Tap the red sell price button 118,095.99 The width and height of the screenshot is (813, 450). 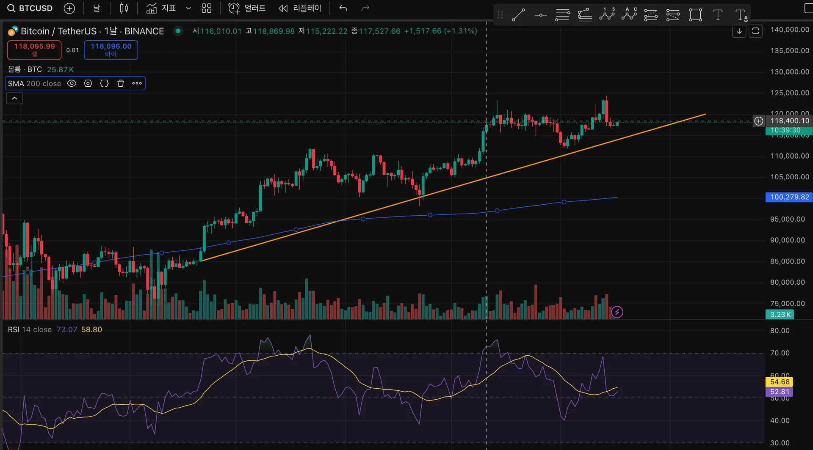pyautogui.click(x=34, y=49)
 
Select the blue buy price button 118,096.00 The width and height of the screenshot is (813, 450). pyautogui.click(x=111, y=49)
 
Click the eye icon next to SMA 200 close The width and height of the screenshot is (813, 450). pyautogui.click(x=72, y=83)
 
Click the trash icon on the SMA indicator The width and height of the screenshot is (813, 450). pyautogui.click(x=121, y=83)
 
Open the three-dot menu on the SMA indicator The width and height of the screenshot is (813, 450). pyautogui.click(x=137, y=83)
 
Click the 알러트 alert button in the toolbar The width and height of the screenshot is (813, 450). pyautogui.click(x=247, y=8)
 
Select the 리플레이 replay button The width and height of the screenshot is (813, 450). pyautogui.click(x=300, y=8)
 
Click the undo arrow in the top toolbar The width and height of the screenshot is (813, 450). pyautogui.click(x=343, y=8)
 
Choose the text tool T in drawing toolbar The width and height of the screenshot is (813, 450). pyautogui.click(x=718, y=15)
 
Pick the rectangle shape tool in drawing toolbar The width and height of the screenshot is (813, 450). pyautogui.click(x=695, y=15)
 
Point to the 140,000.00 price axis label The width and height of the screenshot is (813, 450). pyautogui.click(x=789, y=30)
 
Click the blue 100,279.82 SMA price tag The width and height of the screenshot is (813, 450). pyautogui.click(x=789, y=197)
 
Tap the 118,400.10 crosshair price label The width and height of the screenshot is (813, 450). pyautogui.click(x=789, y=121)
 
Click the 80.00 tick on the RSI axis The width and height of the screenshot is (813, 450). pyautogui.click(x=780, y=331)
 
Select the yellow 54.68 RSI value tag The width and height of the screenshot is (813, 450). pyautogui.click(x=780, y=382)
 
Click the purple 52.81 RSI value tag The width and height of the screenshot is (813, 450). pyautogui.click(x=780, y=392)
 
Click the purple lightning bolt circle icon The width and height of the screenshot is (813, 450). pyautogui.click(x=617, y=312)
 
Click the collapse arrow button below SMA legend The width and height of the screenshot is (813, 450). pyautogui.click(x=14, y=99)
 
